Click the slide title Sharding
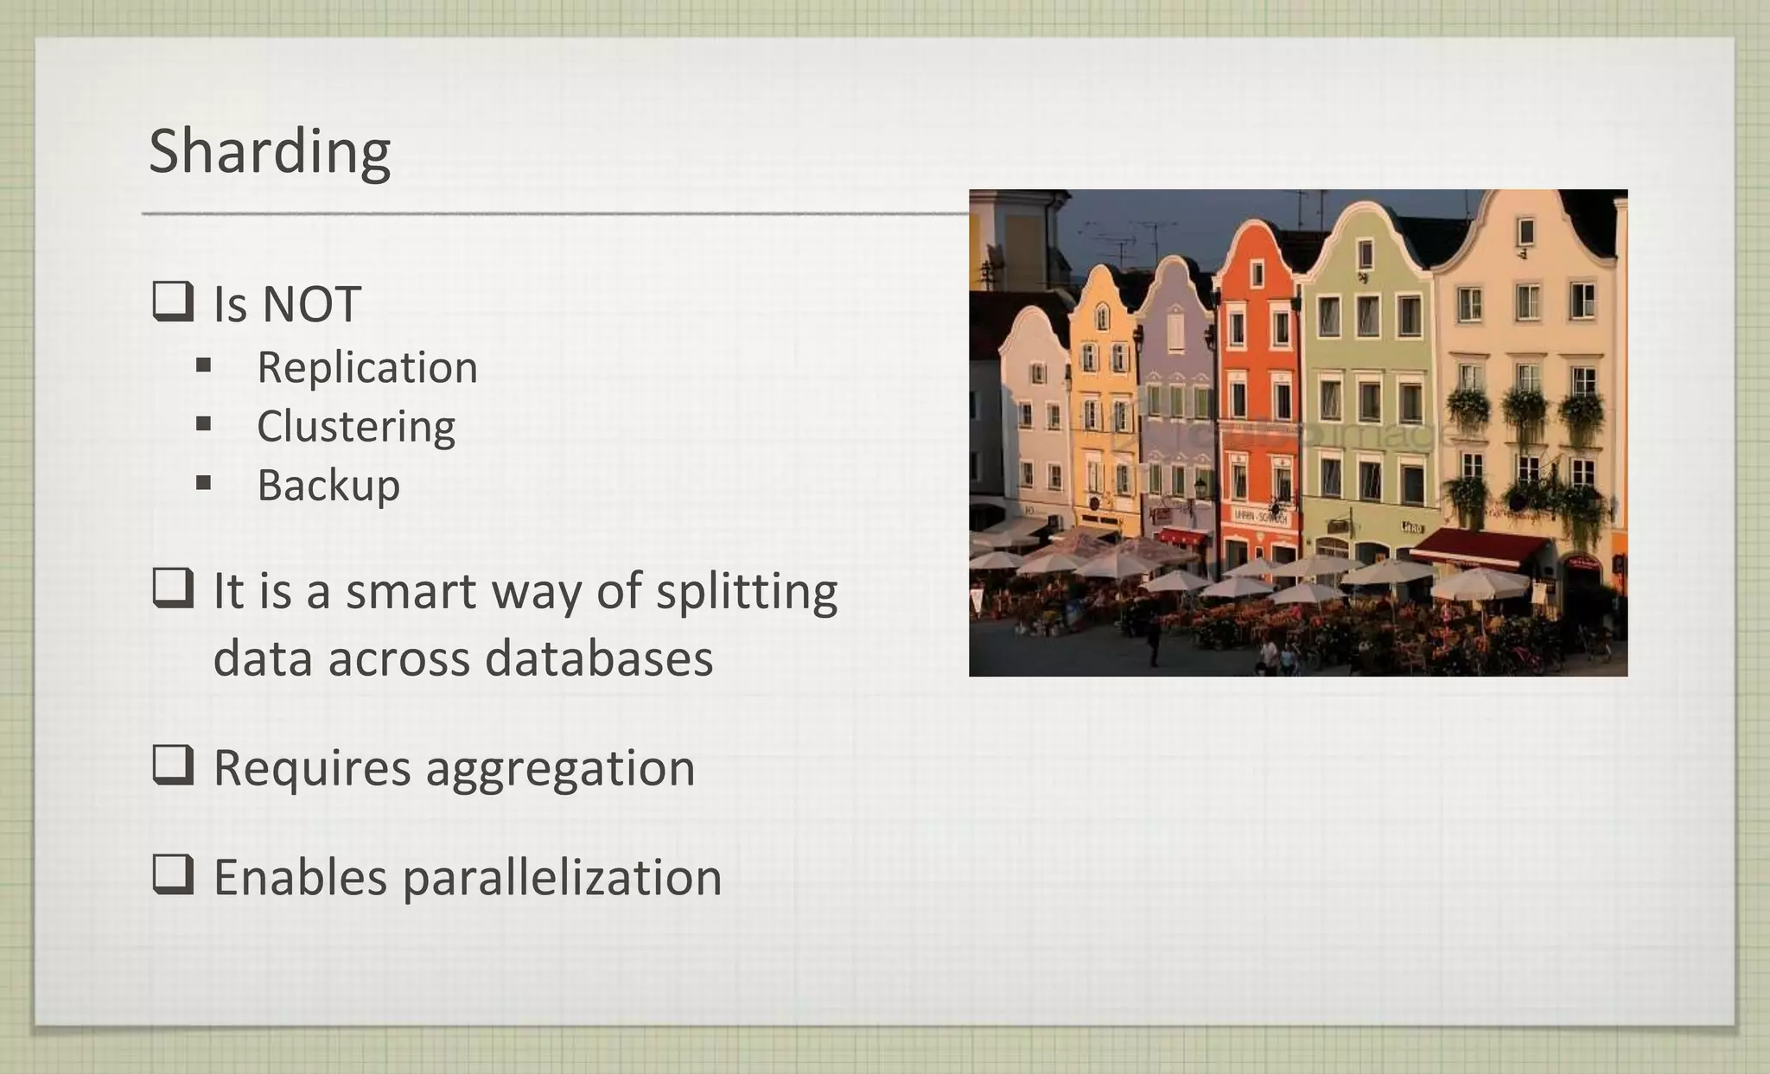pos(270,151)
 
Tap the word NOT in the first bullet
pos(311,304)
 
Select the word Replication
pos(367,367)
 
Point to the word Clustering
pos(356,426)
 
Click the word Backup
pos(328,485)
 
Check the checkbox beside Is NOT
pos(173,302)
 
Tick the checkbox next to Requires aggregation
pos(173,765)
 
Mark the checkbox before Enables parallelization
pos(173,874)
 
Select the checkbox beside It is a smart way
pos(173,588)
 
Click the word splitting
pos(747,593)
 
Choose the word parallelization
pos(562,878)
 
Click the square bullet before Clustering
pos(204,424)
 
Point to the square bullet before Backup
pos(204,483)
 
